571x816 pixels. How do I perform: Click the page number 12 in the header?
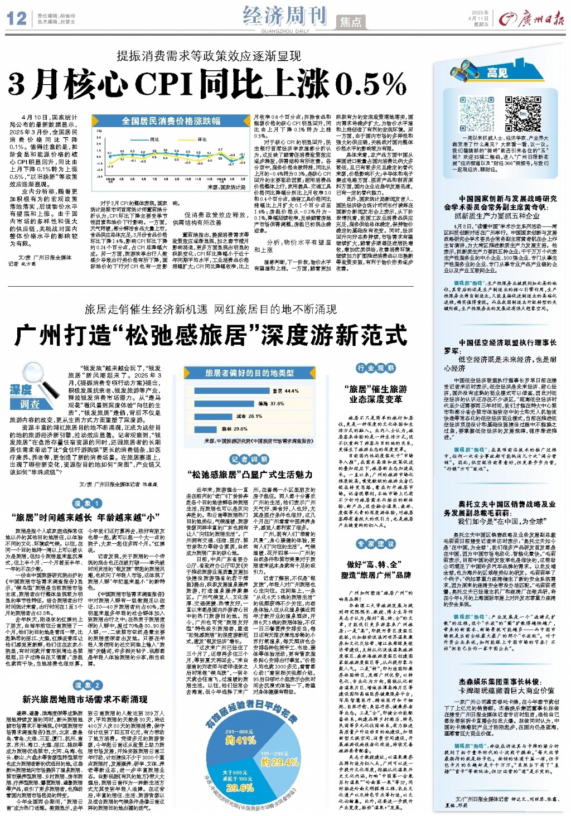16,18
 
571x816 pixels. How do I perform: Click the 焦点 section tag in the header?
351,22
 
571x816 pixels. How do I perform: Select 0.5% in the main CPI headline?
371,84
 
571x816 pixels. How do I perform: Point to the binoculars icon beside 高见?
467,72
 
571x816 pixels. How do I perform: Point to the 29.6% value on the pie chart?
240,787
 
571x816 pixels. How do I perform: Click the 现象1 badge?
86,503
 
